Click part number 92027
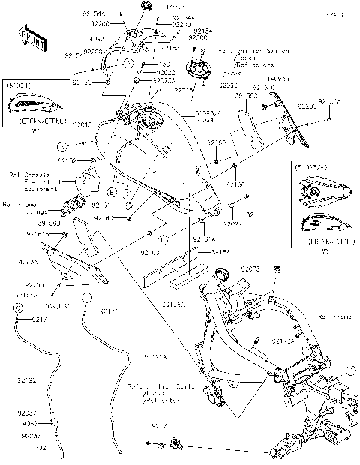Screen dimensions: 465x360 (233, 223)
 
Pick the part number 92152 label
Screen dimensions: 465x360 (68, 160)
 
